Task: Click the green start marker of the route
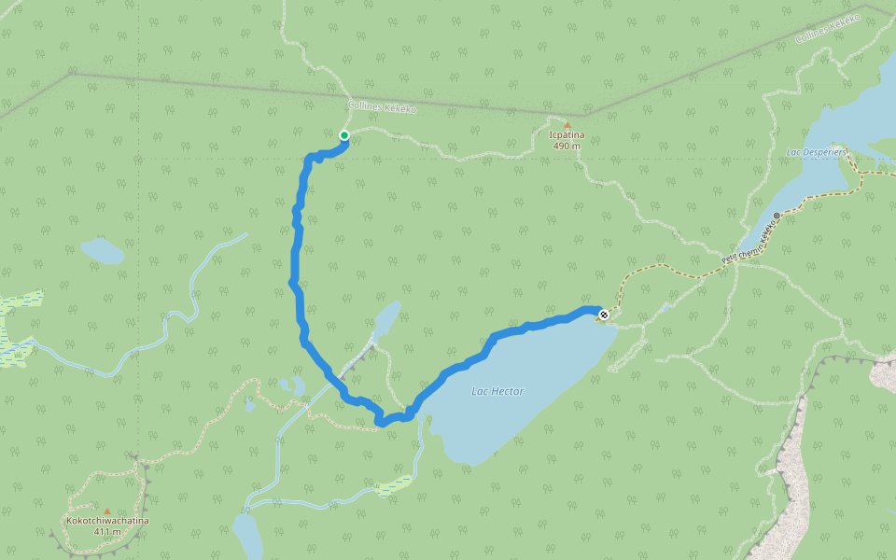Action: click(x=343, y=136)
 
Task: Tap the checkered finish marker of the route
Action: click(x=604, y=315)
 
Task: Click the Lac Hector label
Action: click(x=497, y=391)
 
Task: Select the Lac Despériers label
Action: click(x=816, y=151)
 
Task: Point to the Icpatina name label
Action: click(x=567, y=135)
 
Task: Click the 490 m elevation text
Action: click(x=567, y=147)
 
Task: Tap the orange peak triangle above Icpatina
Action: click(x=567, y=124)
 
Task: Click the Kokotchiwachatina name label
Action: click(x=107, y=521)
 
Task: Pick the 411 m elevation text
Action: click(x=107, y=532)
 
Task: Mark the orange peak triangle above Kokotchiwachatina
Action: click(x=107, y=511)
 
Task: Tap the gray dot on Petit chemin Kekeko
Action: click(x=777, y=216)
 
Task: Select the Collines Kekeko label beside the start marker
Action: click(x=382, y=108)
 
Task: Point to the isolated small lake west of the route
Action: click(x=102, y=250)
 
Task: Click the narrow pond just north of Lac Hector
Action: click(x=386, y=318)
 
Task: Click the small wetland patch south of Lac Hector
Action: click(x=396, y=485)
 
